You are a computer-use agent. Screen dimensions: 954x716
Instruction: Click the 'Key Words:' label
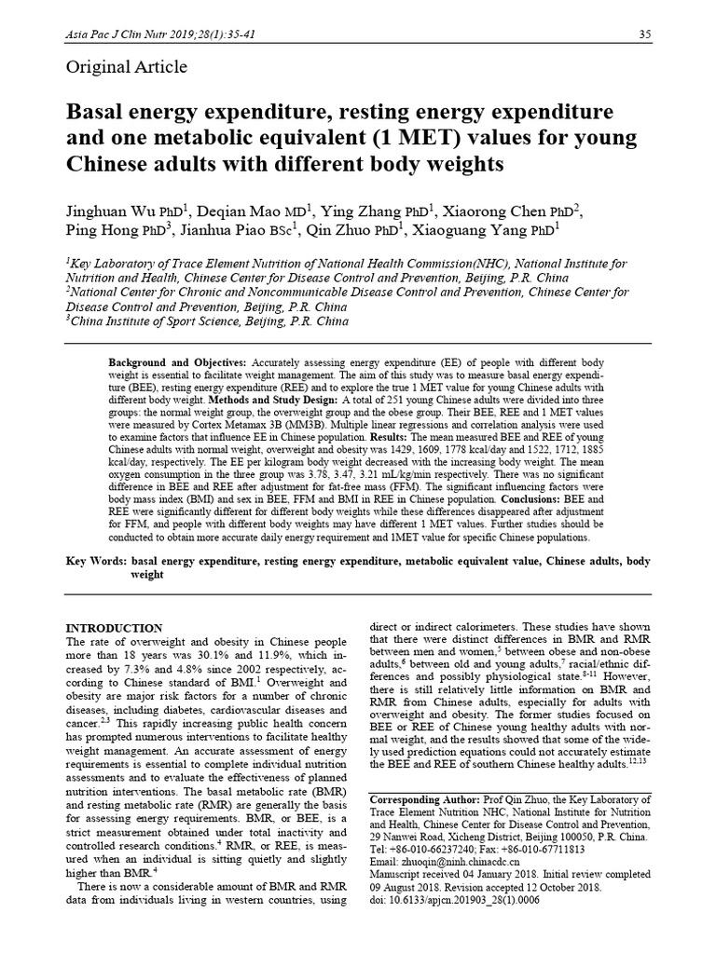[x=96, y=563]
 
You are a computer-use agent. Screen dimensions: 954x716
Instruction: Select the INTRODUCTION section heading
[x=117, y=628]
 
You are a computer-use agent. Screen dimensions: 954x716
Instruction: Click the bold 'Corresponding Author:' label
[x=424, y=799]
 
